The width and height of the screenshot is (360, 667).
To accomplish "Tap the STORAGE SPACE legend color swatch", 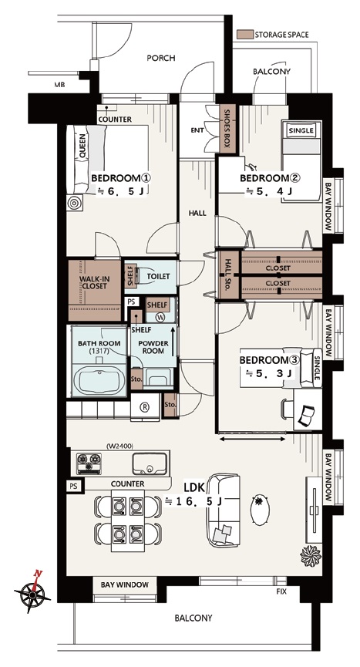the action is coord(245,35).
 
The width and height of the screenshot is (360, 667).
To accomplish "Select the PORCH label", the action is coord(160,58).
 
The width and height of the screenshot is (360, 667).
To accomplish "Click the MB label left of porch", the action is coord(59,85).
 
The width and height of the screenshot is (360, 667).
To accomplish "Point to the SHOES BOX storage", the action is coord(226,129).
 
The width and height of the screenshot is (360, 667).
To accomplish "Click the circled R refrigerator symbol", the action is coord(145,407).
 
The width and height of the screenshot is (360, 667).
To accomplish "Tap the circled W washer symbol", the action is coord(160,317).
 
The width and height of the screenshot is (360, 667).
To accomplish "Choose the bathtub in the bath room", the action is coord(99,380).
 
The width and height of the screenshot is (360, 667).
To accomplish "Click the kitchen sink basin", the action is coord(150,463).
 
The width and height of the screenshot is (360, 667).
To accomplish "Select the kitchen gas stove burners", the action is coord(89,463).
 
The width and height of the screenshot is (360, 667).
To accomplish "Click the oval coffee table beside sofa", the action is coord(259,510).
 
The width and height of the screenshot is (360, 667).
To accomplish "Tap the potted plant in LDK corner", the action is coord(310,555).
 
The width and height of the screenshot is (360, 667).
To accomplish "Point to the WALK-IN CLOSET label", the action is coord(95,282).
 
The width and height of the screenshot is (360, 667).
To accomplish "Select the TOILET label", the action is coord(158,277).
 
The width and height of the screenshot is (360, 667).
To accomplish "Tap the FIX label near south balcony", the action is coord(281,591).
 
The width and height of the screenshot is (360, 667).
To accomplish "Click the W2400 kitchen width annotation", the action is coord(119,446).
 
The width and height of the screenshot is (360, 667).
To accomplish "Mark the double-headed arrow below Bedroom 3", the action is coord(253,439).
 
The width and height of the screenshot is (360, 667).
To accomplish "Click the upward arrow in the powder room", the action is coord(173,341).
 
